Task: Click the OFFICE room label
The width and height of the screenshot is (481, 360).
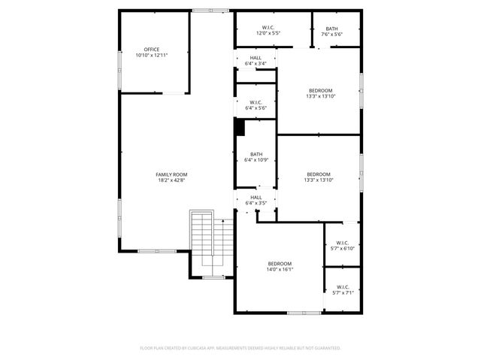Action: pyautogui.click(x=152, y=49)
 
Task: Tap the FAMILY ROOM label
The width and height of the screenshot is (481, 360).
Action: pyautogui.click(x=171, y=174)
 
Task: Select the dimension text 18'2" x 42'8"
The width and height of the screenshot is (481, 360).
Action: pyautogui.click(x=171, y=180)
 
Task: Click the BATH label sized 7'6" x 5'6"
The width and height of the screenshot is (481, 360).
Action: pyautogui.click(x=331, y=28)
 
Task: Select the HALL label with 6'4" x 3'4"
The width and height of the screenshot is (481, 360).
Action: pyautogui.click(x=256, y=58)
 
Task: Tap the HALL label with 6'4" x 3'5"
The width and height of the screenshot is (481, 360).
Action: pyautogui.click(x=256, y=197)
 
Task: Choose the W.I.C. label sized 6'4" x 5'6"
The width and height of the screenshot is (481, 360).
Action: pyautogui.click(x=256, y=102)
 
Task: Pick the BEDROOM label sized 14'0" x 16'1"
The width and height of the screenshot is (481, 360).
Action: pyautogui.click(x=280, y=263)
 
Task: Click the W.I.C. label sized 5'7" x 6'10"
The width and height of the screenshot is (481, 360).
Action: pyautogui.click(x=343, y=243)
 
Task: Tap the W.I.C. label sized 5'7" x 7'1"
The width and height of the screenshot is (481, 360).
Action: pyautogui.click(x=343, y=287)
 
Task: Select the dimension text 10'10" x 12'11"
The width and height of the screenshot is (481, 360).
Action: pyautogui.click(x=152, y=55)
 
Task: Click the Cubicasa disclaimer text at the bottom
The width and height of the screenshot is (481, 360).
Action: pyautogui.click(x=240, y=348)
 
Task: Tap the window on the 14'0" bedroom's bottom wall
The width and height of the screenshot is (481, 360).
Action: pyautogui.click(x=304, y=313)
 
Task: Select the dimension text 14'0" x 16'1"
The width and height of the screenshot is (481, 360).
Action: pyautogui.click(x=280, y=269)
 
